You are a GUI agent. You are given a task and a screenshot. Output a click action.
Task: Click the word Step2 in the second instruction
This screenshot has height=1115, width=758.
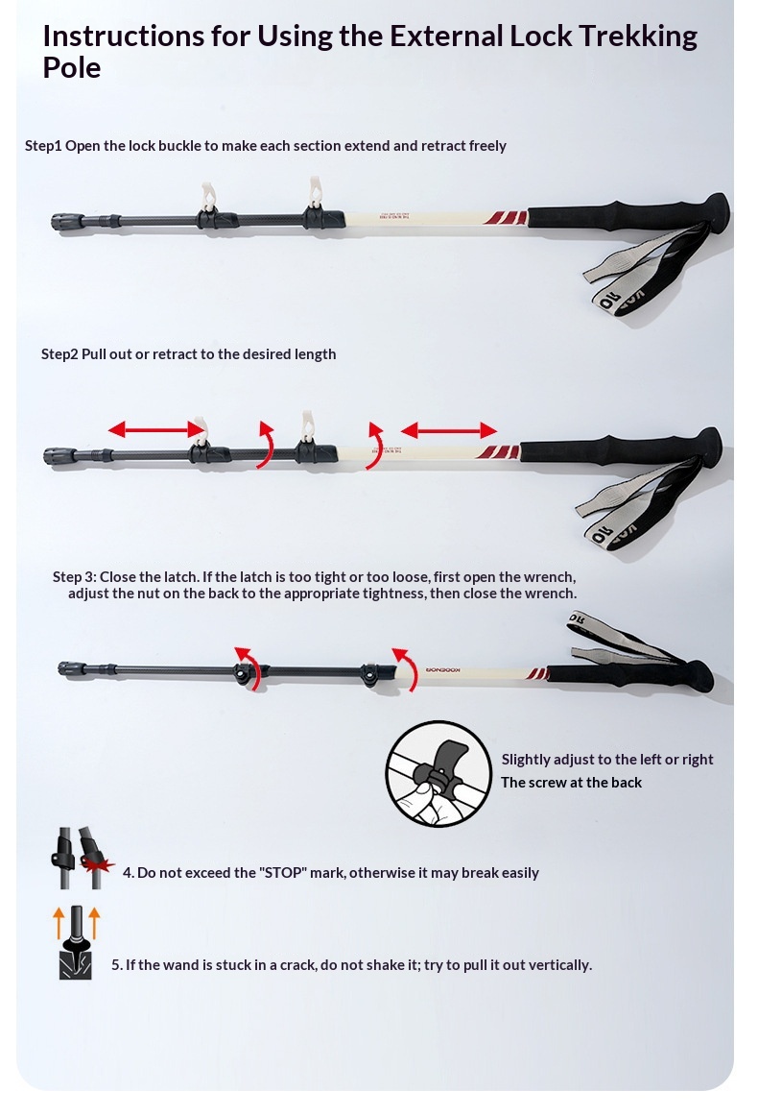(59, 354)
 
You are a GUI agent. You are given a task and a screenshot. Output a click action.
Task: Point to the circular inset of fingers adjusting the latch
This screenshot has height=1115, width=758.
(438, 774)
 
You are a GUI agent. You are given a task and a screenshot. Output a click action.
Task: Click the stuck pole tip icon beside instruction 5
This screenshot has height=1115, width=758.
(75, 943)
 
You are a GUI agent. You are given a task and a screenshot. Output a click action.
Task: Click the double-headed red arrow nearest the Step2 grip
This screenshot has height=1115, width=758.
(449, 429)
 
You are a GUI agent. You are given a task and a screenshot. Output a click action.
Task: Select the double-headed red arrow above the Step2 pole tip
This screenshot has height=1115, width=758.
(156, 428)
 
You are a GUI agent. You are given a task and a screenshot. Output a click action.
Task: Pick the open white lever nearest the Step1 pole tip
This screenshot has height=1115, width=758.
(207, 197)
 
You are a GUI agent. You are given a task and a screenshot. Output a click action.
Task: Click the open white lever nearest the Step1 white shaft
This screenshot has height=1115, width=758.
(315, 192)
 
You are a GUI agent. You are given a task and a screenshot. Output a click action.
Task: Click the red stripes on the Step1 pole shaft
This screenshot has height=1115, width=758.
(506, 217)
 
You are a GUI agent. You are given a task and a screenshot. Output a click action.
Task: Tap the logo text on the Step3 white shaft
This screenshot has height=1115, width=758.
(443, 669)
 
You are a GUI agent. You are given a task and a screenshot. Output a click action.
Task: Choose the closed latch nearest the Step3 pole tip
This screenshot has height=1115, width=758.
(245, 673)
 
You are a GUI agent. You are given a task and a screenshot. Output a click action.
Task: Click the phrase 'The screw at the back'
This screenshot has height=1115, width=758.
(571, 782)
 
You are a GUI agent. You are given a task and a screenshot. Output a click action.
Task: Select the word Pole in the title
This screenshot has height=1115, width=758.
(72, 67)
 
